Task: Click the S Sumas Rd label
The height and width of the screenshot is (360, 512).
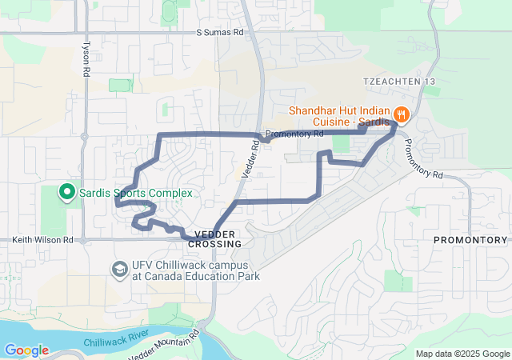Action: [x=220, y=34]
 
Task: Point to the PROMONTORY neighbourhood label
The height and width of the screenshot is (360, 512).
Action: [x=470, y=240]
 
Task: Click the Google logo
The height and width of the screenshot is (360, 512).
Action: [x=26, y=350]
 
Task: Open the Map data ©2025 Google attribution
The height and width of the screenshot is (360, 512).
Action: [x=462, y=354]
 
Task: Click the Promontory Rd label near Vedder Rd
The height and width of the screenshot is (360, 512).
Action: [x=294, y=134]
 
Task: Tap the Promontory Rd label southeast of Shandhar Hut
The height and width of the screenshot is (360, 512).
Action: [x=422, y=158]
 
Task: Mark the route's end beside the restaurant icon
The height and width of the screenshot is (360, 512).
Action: [x=394, y=124]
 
